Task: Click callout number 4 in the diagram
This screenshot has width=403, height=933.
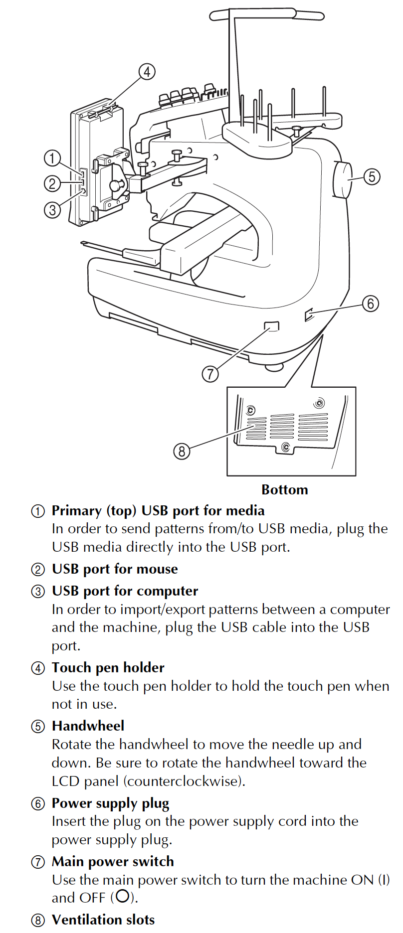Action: (147, 72)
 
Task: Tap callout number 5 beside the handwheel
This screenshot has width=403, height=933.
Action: (372, 177)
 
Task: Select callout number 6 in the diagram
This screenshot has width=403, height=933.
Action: (371, 303)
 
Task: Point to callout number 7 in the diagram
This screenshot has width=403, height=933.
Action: (210, 373)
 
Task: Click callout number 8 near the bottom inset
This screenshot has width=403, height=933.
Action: (182, 451)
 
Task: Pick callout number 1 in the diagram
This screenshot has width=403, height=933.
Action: (52, 158)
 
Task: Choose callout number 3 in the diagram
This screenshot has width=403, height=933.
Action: (52, 210)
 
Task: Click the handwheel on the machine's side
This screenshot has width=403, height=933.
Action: (342, 179)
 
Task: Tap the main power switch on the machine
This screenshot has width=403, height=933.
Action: (272, 326)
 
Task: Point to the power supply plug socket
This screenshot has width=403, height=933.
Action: (309, 314)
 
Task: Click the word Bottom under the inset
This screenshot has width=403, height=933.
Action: (284, 490)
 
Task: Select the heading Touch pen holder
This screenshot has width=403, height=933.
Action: (108, 668)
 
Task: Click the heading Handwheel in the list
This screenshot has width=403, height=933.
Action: (88, 726)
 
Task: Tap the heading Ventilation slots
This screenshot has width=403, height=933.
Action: (103, 920)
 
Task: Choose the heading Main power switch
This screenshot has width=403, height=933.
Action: (113, 862)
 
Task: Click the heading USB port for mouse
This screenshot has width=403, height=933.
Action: (115, 569)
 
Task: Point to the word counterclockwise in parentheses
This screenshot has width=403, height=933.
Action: (184, 781)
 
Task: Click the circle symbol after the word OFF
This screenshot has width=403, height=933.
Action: (121, 897)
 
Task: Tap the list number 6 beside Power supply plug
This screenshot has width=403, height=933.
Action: (38, 804)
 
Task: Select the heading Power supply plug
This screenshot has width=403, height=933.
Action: (110, 803)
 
